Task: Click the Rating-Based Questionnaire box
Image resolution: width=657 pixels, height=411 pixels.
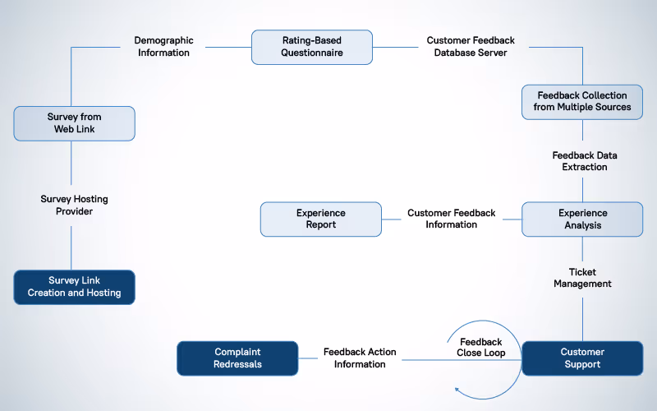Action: (311, 47)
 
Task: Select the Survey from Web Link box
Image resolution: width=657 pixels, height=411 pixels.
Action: (74, 122)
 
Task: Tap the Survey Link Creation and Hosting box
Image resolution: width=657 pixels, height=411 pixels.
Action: (74, 287)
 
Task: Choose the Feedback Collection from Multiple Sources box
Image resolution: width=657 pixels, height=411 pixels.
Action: (582, 101)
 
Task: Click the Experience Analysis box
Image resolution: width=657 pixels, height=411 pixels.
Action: (582, 219)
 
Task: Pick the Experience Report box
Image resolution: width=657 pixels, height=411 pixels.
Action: (321, 219)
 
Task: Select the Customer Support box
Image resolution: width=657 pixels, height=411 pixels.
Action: (582, 358)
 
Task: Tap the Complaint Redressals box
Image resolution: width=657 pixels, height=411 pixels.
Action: (237, 358)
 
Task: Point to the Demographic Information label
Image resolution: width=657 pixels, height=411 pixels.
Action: (163, 47)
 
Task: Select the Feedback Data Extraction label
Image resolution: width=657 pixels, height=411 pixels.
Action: (584, 161)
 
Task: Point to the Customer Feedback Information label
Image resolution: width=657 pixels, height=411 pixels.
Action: (451, 219)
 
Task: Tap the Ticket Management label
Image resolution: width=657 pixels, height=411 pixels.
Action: (582, 278)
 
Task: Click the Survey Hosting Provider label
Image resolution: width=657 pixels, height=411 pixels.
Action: (74, 205)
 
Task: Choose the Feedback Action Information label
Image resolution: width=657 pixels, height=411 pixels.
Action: (359, 358)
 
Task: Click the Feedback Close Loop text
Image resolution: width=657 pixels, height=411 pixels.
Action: (480, 347)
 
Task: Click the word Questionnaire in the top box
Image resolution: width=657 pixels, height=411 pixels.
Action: (311, 53)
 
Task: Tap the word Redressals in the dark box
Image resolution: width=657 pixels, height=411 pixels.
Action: (237, 364)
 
